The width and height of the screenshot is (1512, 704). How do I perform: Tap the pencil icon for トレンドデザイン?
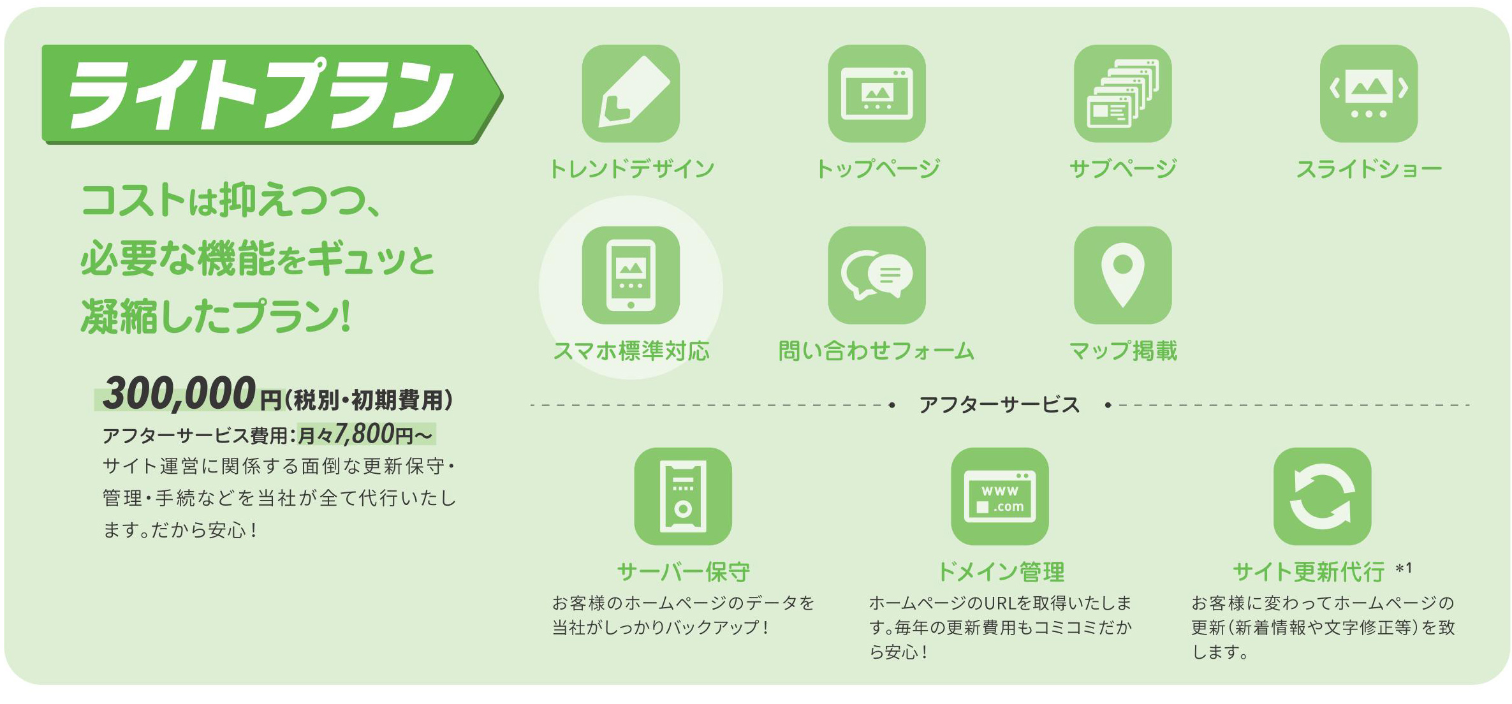(631, 94)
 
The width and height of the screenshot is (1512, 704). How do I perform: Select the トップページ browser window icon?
(877, 94)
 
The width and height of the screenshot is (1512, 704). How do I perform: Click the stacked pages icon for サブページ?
(1122, 94)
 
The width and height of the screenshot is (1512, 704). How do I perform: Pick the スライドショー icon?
(1369, 94)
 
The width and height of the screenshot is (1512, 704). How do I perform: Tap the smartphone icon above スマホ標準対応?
(631, 275)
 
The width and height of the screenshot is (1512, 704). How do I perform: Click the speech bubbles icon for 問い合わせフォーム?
(877, 275)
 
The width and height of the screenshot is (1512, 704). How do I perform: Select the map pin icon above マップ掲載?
(1122, 275)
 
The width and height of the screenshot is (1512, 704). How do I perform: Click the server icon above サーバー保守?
(683, 496)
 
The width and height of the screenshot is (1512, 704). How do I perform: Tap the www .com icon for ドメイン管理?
(999, 496)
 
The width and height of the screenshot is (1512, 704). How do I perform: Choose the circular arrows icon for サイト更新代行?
(1322, 496)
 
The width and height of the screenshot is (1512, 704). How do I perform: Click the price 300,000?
(179, 393)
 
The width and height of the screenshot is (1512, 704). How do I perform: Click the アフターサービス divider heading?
(999, 404)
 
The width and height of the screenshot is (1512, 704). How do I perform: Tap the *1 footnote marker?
(1404, 568)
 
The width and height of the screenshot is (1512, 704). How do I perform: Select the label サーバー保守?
(683, 572)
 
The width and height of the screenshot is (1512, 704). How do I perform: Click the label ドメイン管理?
(1000, 572)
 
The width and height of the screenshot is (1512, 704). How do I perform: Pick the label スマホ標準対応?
(631, 351)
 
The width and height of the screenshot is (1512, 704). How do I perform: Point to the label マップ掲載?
(1122, 351)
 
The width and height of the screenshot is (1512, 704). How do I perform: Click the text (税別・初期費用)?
(369, 400)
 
